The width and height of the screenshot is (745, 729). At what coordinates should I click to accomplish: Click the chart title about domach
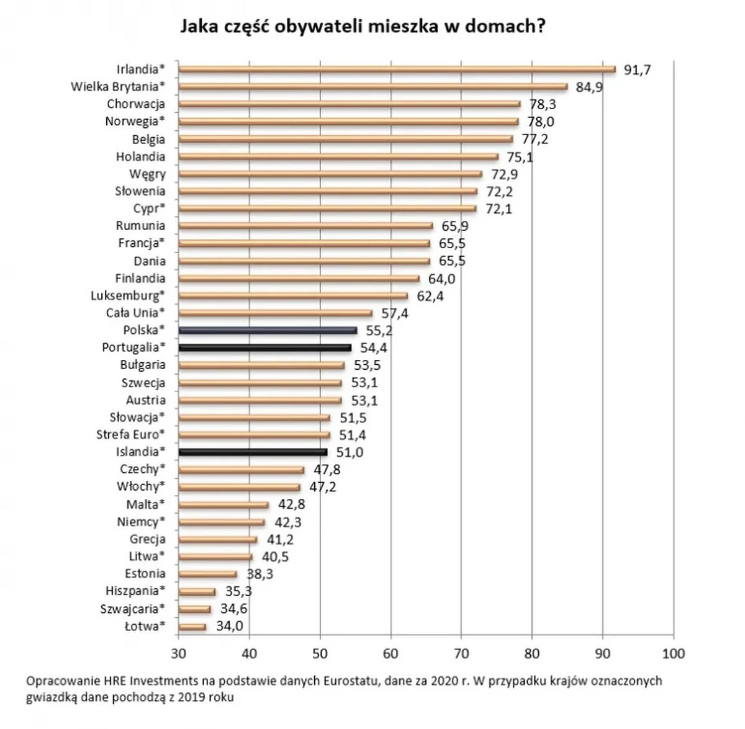363,27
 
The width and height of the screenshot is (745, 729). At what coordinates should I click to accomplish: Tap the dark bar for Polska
267,331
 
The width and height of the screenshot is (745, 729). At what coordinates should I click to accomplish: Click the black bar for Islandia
252,452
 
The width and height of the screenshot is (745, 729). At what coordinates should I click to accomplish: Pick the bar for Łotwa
192,627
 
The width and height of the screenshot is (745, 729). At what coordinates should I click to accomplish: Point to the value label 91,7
637,70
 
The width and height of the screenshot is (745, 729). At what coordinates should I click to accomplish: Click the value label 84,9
589,87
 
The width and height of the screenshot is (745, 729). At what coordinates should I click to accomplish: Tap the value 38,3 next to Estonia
260,575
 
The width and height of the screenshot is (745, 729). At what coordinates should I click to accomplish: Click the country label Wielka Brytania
118,87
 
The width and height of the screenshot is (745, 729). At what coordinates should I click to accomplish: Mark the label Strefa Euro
131,434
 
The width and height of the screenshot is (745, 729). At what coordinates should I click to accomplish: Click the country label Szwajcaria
133,609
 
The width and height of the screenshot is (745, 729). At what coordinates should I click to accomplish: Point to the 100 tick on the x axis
674,653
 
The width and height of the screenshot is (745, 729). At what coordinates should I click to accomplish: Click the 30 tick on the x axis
178,653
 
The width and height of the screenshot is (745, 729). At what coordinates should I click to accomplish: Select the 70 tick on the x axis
461,653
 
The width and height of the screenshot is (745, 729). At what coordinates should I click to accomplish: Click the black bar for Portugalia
264,348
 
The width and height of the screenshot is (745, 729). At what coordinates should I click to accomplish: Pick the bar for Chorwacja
349,104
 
